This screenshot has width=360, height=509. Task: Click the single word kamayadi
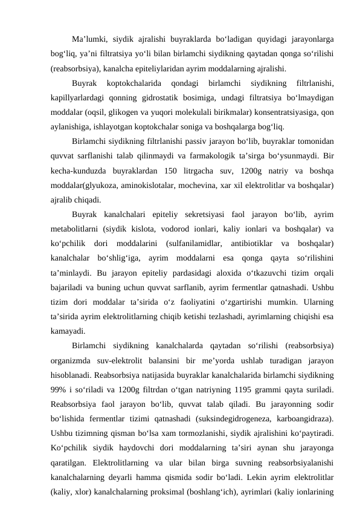tap(68, 331)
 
